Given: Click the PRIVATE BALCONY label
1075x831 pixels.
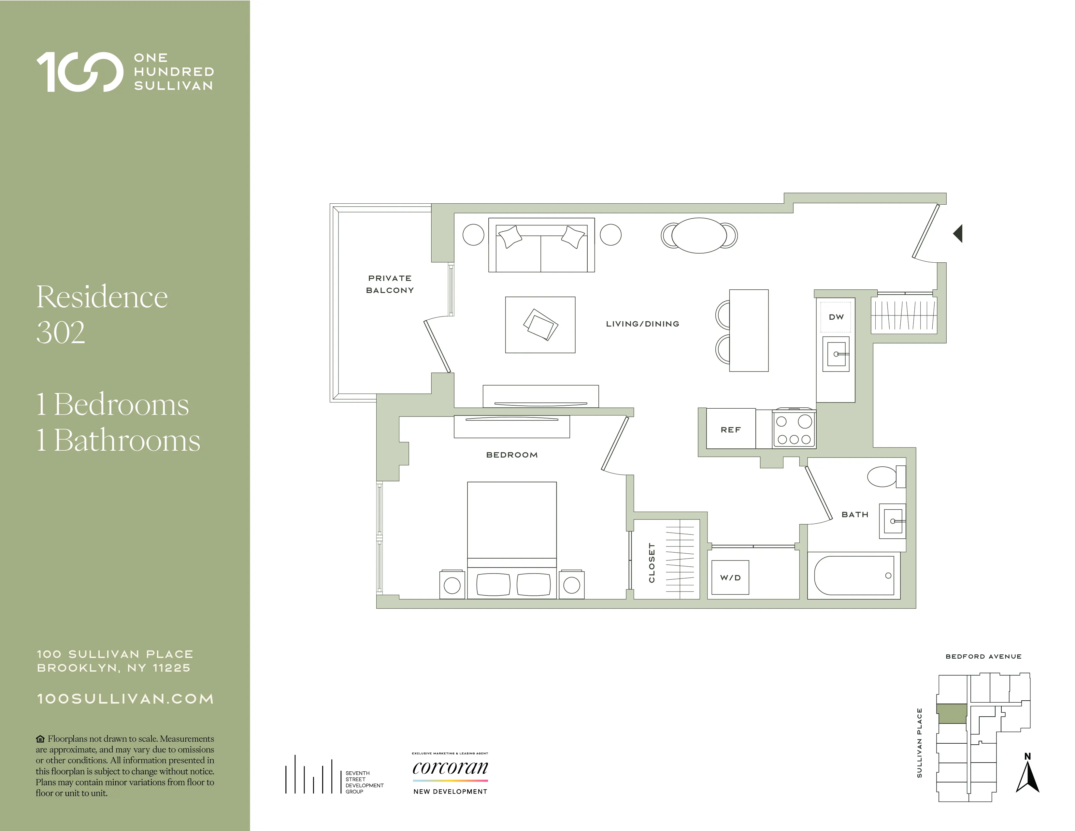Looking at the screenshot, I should pos(390,284).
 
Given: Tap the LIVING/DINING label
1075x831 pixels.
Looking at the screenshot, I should pos(642,324).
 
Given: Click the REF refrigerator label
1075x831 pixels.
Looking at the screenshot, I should pos(730,430).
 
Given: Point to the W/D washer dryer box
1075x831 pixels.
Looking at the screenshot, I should pos(730,577).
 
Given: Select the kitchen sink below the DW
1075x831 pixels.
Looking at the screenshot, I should pos(836,354).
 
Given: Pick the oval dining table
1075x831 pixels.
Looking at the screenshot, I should pos(699,235).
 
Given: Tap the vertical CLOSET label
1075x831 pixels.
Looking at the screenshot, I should pos(652,563).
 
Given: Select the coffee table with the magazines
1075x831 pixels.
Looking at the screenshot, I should pos(540,325).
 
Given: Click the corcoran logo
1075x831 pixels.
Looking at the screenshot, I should pos(450,768).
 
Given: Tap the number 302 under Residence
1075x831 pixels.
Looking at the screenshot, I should pos(61,333).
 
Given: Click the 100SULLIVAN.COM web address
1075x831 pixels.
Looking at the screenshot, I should pos(125,699).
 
